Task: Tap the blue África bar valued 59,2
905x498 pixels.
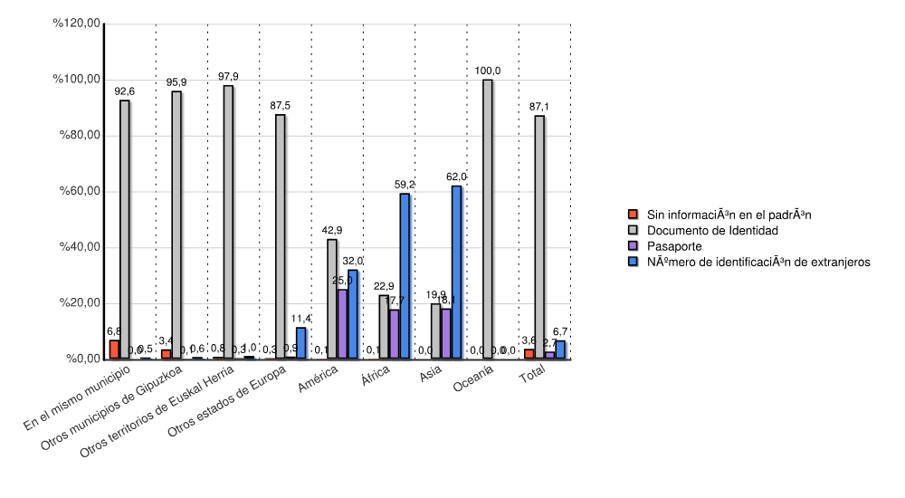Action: point(405,276)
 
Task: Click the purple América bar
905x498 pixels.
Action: point(342,323)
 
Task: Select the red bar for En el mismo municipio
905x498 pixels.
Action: point(114,350)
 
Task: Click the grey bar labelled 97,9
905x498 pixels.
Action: point(228,222)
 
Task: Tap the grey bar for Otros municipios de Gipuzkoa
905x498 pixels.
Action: point(176,225)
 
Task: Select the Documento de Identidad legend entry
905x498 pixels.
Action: point(706,231)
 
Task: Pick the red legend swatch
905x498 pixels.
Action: point(633,215)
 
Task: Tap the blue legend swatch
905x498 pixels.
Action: point(633,262)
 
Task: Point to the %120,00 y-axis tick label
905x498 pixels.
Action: point(76,24)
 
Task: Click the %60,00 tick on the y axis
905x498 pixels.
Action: point(79,191)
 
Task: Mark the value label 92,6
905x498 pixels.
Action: point(125,91)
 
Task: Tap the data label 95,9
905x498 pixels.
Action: point(176,82)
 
